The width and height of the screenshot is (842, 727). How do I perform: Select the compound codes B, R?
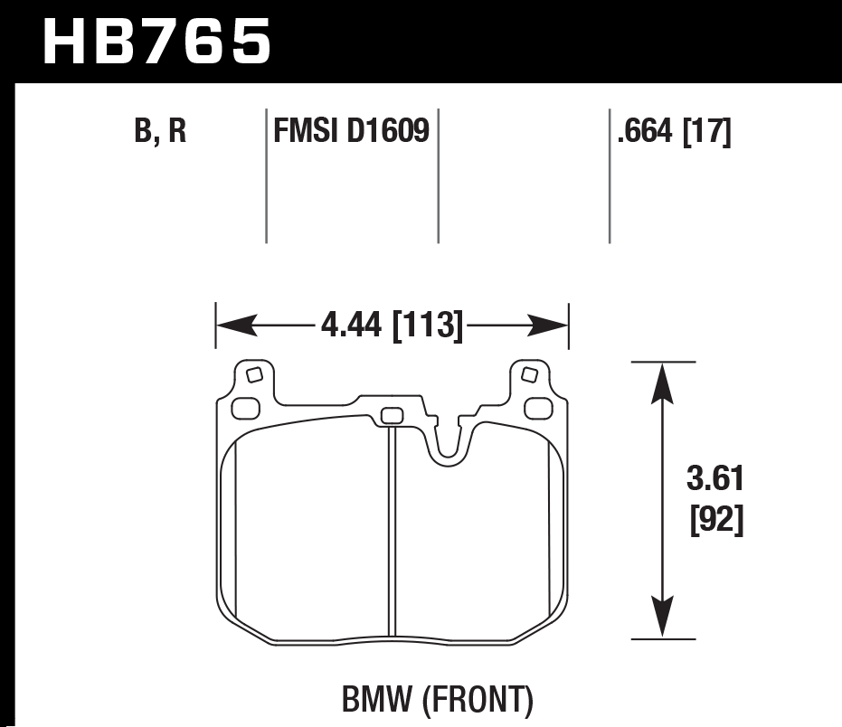point(160,134)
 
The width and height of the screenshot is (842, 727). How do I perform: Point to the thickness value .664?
point(645,134)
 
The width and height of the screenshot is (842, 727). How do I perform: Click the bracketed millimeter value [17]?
point(706,134)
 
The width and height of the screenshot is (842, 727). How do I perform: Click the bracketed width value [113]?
point(427,325)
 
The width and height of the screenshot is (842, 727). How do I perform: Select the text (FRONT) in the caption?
point(480,700)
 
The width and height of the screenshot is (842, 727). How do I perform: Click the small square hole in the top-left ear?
point(254,374)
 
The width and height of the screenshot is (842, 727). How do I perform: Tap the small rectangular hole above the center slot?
point(392,416)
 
